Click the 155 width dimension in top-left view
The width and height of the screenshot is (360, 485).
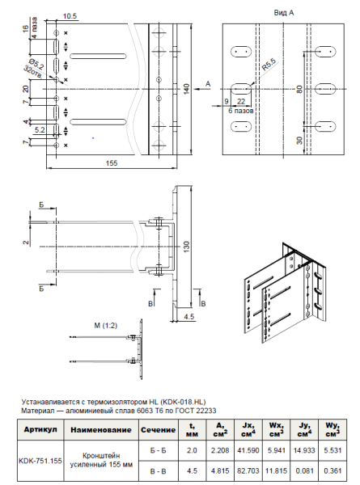tap(112, 164)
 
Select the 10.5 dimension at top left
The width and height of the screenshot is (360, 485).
tap(70, 16)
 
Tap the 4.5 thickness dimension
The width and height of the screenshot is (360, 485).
tap(188, 317)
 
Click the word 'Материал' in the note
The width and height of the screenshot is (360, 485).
tap(37, 410)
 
